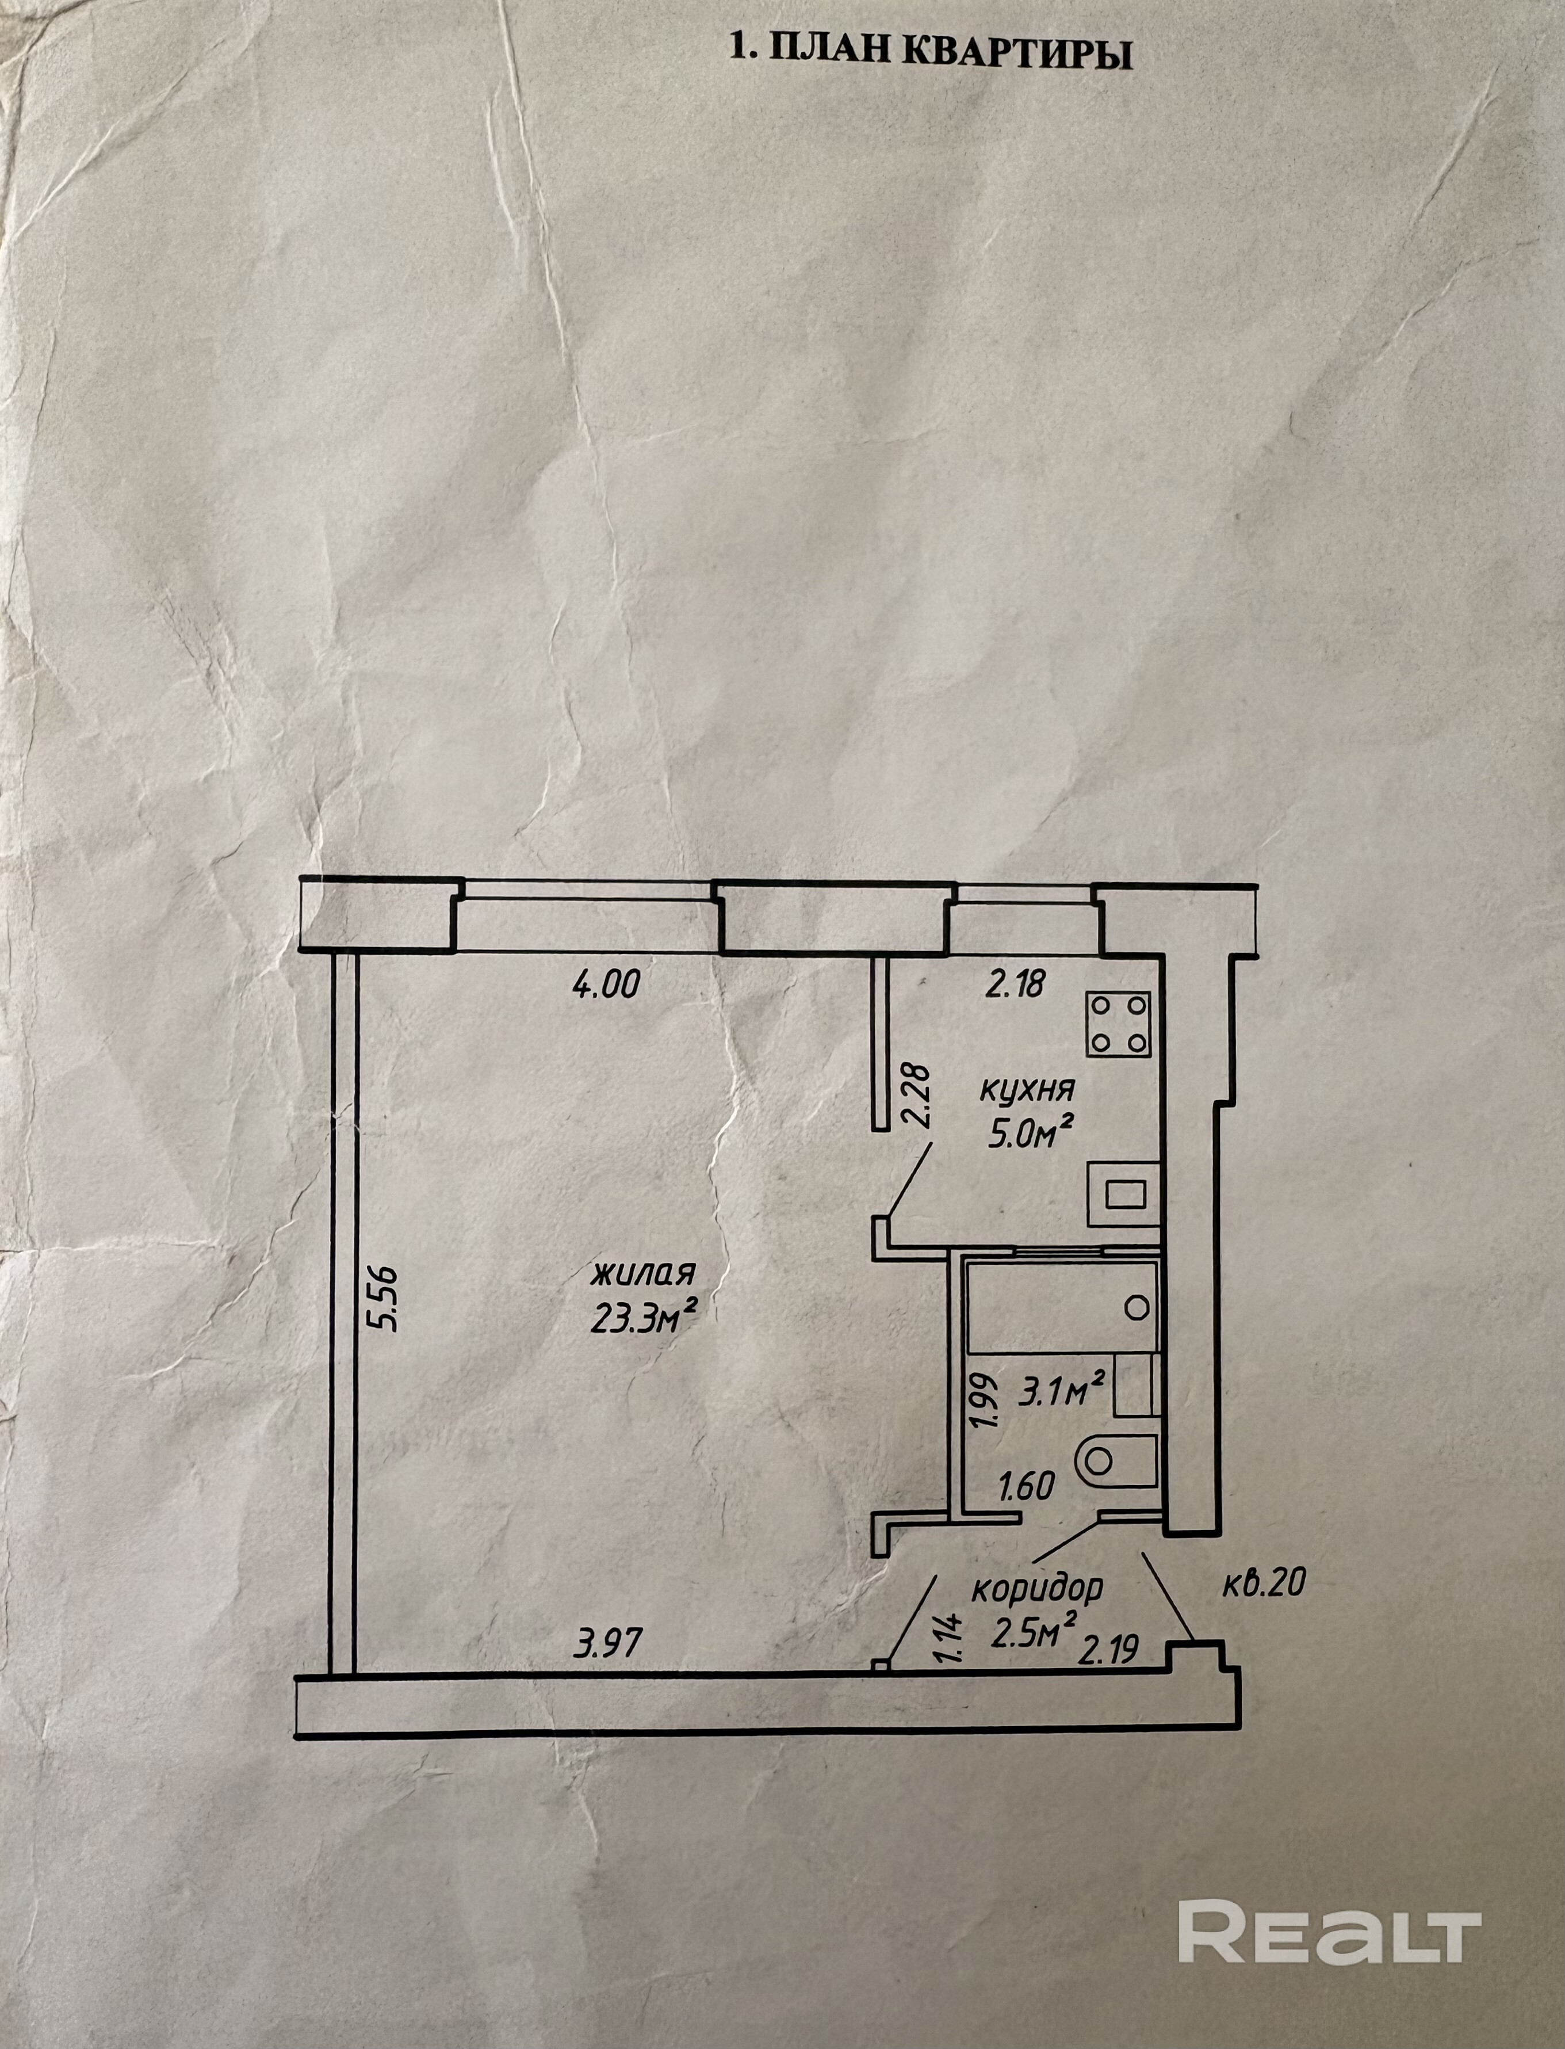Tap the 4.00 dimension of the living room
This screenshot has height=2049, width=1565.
(606, 984)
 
